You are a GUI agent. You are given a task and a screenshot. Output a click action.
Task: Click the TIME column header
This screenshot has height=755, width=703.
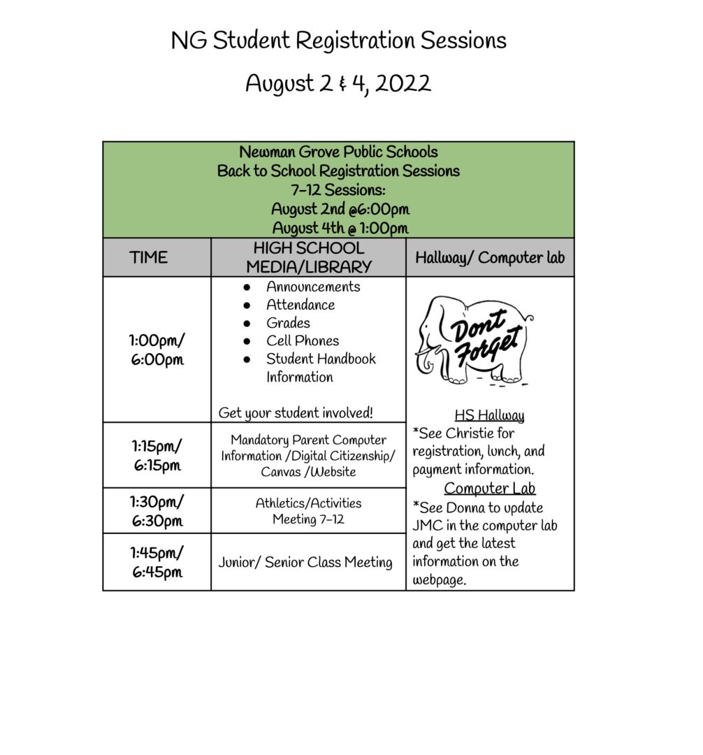pyautogui.click(x=149, y=257)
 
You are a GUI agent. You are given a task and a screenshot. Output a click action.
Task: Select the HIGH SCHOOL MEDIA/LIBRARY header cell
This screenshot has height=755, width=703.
pyautogui.click(x=308, y=257)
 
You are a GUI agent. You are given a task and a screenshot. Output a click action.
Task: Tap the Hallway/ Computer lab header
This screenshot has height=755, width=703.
pyautogui.click(x=489, y=257)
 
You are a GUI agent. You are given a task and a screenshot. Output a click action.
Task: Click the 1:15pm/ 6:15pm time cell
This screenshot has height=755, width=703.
pyautogui.click(x=157, y=455)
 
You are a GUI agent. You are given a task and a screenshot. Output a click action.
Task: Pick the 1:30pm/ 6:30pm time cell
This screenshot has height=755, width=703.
pyautogui.click(x=157, y=511)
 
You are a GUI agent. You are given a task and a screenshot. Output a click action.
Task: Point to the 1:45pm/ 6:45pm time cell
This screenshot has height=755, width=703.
pyautogui.click(x=157, y=562)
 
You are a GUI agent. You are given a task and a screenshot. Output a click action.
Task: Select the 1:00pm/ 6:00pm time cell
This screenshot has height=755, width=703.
pyautogui.click(x=157, y=350)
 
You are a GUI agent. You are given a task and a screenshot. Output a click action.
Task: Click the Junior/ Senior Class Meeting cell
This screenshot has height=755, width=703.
pyautogui.click(x=305, y=563)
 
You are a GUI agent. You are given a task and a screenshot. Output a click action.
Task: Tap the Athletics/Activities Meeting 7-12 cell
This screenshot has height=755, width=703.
pyautogui.click(x=308, y=511)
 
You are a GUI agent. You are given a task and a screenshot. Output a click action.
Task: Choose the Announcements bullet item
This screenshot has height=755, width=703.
pyautogui.click(x=313, y=287)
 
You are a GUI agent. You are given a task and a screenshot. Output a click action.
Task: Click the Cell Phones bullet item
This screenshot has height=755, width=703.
pyautogui.click(x=302, y=341)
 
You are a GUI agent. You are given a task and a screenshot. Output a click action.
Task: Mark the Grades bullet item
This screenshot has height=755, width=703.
pyautogui.click(x=288, y=323)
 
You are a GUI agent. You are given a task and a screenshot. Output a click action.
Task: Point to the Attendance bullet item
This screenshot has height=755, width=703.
pyautogui.click(x=300, y=305)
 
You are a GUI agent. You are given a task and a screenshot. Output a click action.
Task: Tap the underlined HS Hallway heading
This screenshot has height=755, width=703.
pyautogui.click(x=489, y=416)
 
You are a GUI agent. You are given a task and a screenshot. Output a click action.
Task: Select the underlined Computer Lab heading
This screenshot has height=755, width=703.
pyautogui.click(x=489, y=488)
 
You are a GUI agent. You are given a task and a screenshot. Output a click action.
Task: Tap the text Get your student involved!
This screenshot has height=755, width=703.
pyautogui.click(x=296, y=413)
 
